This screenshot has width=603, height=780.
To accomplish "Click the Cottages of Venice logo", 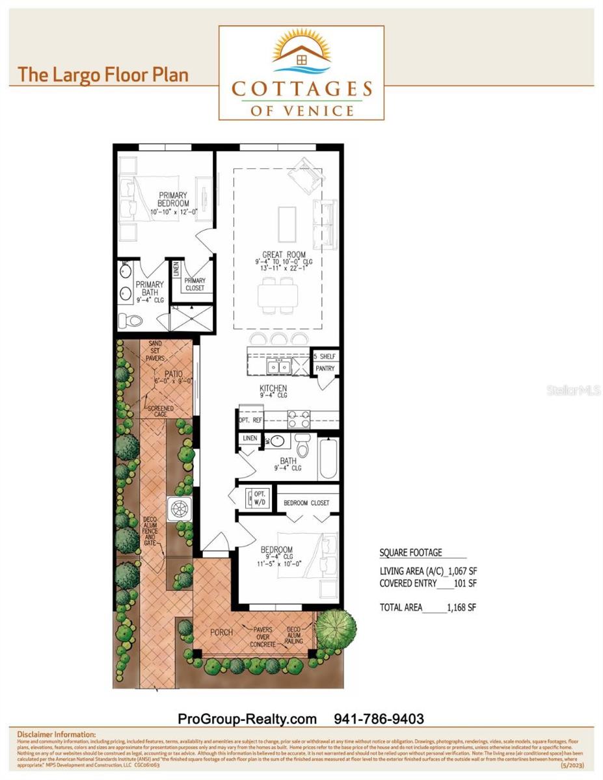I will tap(301, 73).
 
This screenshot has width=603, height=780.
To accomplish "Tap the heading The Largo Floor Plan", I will tap(103, 74).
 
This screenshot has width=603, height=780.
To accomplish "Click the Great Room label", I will tap(284, 254).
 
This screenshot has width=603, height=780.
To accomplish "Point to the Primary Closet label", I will tap(194, 284).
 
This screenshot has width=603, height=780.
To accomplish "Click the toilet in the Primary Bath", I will tap(133, 320).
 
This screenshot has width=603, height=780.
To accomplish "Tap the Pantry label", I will tap(325, 369).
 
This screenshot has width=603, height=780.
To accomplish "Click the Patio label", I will tap(172, 374).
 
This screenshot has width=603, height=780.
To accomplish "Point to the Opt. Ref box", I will tap(250, 421).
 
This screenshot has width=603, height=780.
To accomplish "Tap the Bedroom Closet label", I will tap(306, 503).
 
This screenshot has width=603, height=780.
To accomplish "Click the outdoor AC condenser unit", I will tap(179, 508).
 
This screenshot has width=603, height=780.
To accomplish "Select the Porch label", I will tap(221, 632).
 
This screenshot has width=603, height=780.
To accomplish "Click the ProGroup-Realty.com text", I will tap(247, 719).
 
